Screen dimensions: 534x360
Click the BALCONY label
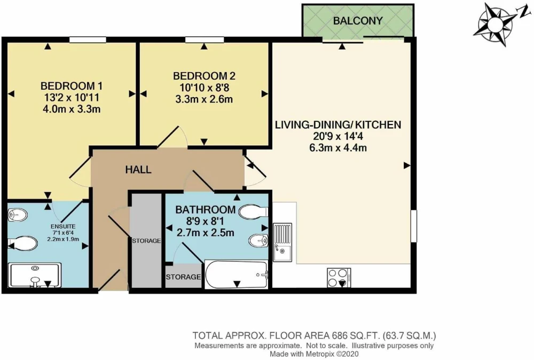pos(358,21)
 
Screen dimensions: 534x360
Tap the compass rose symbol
pos(496,25)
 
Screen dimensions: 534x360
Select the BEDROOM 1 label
pos(71,86)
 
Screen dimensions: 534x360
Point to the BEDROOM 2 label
pos(204,76)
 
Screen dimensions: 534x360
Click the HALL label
pos(138,170)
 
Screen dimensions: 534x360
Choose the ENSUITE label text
pos(63,226)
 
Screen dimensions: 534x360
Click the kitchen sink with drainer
pos(282,242)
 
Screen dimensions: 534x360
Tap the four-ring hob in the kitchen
pos(339,278)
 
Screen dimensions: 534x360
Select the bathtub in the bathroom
pos(237,275)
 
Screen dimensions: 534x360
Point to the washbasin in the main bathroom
pos(258,241)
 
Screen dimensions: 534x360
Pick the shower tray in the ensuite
pos(35,275)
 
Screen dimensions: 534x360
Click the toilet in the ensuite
pos(22,244)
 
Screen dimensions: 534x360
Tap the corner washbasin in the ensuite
pos(17,215)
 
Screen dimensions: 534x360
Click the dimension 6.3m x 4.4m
pos(338,148)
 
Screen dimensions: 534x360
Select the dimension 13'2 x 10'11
pos(72,98)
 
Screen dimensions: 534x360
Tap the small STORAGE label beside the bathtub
pos(184,277)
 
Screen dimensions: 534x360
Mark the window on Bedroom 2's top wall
pos(205,40)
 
